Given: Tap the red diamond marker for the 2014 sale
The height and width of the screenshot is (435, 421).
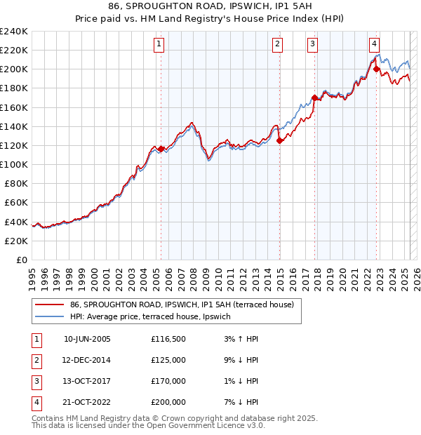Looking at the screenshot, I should (279, 140).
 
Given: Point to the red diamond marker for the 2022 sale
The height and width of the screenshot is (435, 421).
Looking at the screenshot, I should (377, 69).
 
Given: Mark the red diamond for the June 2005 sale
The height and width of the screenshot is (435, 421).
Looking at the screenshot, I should (161, 149).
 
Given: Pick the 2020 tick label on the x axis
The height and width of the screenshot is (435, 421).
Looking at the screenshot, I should (342, 276).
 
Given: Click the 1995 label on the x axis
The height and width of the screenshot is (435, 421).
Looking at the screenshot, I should (32, 276).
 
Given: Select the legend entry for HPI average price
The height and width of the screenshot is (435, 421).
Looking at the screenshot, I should (154, 316).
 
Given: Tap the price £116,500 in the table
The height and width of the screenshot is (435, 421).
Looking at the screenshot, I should (168, 339).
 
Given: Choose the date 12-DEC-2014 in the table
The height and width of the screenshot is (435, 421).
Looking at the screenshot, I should (87, 360).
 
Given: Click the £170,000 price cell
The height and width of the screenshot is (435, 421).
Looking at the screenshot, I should (168, 381).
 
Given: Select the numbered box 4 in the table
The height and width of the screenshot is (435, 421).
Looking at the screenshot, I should (36, 402).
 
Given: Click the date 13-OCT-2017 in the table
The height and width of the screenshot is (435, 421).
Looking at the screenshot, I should (87, 381).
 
